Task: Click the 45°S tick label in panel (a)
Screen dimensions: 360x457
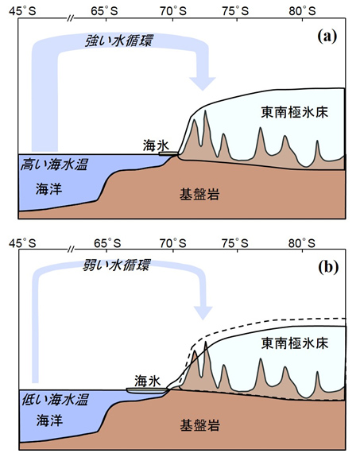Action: pyautogui.click(x=22, y=11)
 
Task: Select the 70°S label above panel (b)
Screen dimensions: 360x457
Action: pyautogui.click(x=173, y=242)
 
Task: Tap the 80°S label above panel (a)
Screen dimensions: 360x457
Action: pyautogui.click(x=302, y=11)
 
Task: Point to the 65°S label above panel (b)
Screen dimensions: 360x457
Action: pyautogui.click(x=107, y=242)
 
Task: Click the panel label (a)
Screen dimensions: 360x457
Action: pyautogui.click(x=327, y=37)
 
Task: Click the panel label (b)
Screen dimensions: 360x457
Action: pyautogui.click(x=328, y=267)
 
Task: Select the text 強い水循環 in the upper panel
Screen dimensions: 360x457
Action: pyautogui.click(x=118, y=41)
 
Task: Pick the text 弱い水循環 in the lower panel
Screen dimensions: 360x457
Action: pyautogui.click(x=116, y=265)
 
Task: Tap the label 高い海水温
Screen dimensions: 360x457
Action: pyautogui.click(x=54, y=165)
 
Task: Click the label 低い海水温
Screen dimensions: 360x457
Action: pyautogui.click(x=55, y=399)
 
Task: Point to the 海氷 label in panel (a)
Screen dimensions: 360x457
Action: pyautogui.click(x=156, y=145)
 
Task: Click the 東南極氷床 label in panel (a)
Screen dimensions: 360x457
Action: pyautogui.click(x=294, y=112)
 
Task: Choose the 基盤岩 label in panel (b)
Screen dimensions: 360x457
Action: pyautogui.click(x=199, y=425)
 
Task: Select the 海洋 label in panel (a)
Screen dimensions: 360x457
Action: pyautogui.click(x=49, y=189)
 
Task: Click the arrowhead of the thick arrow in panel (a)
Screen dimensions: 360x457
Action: pyautogui.click(x=203, y=83)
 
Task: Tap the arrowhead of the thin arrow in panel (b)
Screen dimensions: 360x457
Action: pyautogui.click(x=203, y=313)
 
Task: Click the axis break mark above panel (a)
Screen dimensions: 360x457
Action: pyautogui.click(x=70, y=19)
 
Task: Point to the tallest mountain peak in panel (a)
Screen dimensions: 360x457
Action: pyautogui.click(x=206, y=110)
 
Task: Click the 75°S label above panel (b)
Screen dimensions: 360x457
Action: pyautogui.click(x=235, y=242)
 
